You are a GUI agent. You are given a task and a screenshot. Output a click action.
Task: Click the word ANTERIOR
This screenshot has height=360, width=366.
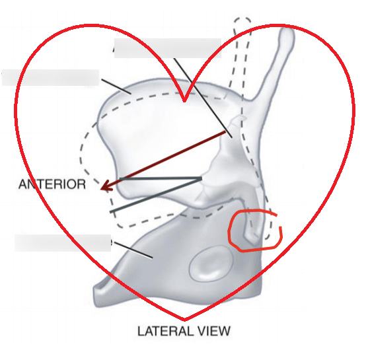pos(52,184)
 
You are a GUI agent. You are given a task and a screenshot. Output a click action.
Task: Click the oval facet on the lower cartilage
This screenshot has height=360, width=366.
pos(211,263)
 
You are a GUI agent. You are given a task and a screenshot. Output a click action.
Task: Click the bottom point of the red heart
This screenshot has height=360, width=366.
pos(184,319)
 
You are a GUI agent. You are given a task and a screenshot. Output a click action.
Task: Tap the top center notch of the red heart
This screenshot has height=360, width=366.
pos(184,101)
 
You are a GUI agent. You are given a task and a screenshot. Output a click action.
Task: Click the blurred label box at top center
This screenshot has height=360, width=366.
pos(168,48)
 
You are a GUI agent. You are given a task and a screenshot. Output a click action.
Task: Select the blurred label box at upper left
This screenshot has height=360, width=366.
pos(50,77)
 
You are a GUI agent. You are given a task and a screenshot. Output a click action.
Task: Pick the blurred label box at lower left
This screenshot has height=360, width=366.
pos(63,243)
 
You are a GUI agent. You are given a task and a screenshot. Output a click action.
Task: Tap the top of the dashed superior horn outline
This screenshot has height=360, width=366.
pos(242,18)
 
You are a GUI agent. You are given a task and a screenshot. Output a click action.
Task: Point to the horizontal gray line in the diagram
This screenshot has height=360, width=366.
pos(161,179)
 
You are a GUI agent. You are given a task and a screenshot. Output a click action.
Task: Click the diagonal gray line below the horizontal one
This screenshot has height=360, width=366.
pos(156,196)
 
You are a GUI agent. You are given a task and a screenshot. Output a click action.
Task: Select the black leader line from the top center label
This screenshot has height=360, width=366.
pos(203,98)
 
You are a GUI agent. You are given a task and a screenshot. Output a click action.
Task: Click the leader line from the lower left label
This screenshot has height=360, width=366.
pos(133,250)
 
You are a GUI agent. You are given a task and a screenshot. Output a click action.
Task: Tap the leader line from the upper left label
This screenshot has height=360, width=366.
pos(116,87)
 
